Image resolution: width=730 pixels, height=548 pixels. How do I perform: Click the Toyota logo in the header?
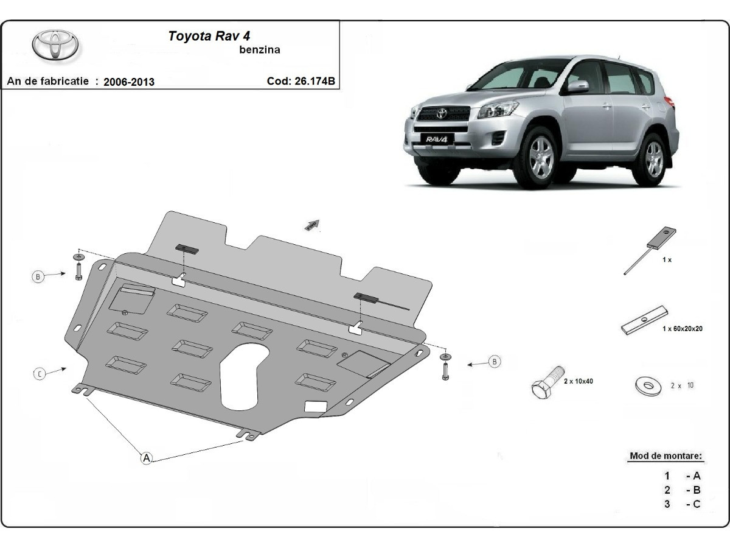[x=55, y=45]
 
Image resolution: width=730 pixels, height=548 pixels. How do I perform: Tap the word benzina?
[x=260, y=50]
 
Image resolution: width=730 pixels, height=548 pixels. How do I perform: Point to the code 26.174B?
[x=301, y=81]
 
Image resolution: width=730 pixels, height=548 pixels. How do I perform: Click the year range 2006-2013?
[x=129, y=82]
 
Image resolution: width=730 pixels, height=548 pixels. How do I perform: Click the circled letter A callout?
[x=147, y=458]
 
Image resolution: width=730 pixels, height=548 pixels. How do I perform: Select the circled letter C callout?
[x=39, y=374]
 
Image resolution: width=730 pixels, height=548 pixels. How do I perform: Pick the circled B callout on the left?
[x=38, y=277]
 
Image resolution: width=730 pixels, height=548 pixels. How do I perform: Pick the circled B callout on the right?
[x=495, y=362]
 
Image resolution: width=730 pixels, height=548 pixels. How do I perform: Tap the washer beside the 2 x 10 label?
[x=646, y=385]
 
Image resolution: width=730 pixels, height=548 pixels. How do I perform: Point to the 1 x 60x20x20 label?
[x=683, y=329]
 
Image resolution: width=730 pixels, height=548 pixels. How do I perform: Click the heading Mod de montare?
[x=666, y=455]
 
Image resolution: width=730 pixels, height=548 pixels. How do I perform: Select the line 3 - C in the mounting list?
[x=682, y=504]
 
